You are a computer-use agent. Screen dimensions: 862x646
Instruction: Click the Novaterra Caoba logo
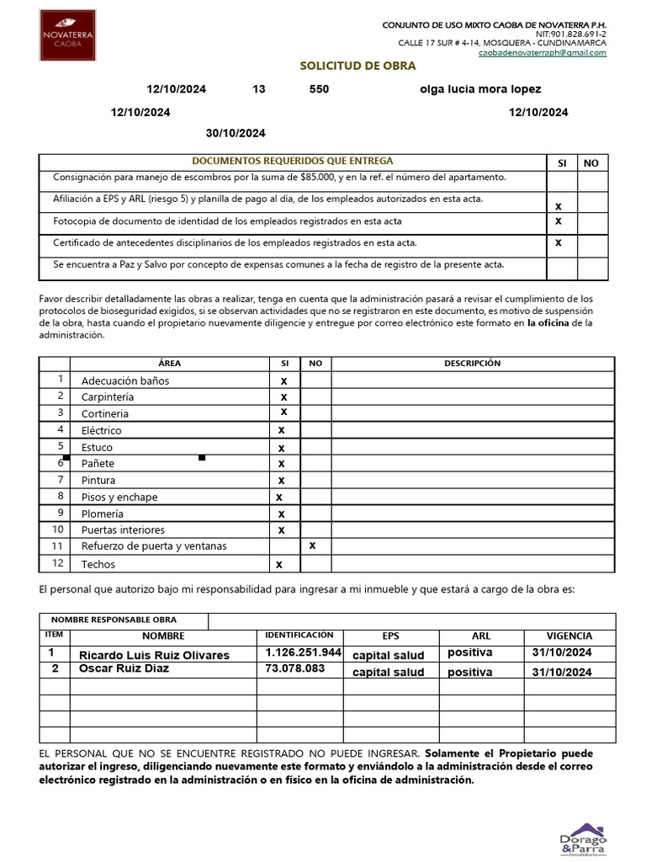(68, 35)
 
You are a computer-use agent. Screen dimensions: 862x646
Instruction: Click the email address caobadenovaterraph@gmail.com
(542, 52)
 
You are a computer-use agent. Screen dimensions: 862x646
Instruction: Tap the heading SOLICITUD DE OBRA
(358, 67)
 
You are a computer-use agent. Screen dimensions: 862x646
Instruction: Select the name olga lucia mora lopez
(480, 89)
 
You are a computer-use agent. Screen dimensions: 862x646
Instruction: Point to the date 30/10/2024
(236, 133)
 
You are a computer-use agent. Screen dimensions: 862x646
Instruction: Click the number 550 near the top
(320, 89)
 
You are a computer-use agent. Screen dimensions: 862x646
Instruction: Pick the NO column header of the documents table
(591, 163)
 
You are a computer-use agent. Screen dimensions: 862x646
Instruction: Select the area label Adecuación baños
(125, 380)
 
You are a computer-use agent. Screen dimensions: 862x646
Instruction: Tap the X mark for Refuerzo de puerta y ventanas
(313, 545)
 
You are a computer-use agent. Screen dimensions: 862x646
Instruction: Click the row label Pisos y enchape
(119, 497)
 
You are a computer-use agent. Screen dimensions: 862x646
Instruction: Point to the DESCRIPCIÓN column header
(472, 364)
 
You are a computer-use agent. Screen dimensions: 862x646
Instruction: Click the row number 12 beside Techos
(58, 563)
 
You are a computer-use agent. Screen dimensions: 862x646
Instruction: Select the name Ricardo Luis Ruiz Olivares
(154, 655)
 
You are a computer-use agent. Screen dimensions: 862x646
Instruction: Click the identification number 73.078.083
(295, 668)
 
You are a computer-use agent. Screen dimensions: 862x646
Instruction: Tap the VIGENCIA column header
(569, 636)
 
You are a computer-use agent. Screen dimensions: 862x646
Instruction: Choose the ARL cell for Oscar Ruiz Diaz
(470, 672)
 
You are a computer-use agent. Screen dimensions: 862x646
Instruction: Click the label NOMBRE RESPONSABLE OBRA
(114, 620)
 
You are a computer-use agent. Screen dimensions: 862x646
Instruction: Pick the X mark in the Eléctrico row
(282, 430)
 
